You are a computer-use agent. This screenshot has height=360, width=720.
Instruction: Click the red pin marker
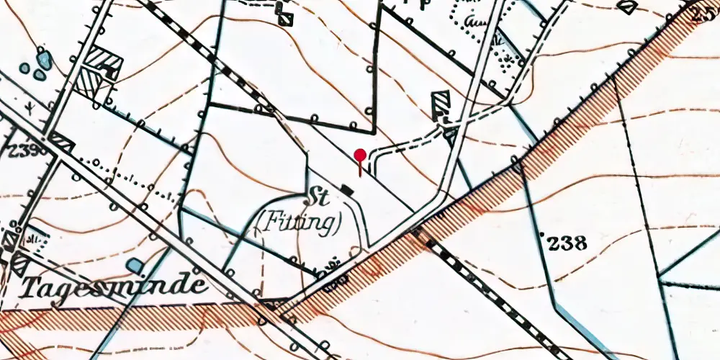[x=361, y=156]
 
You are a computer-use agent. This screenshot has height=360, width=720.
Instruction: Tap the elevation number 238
[x=567, y=243]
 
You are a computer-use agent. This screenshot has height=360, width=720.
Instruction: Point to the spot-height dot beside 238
[x=541, y=234]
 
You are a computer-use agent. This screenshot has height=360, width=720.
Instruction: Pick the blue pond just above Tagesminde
[x=134, y=266]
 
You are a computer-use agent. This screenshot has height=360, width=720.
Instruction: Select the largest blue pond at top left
[x=44, y=59]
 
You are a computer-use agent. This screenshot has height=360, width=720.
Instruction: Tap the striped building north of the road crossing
[x=440, y=104]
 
